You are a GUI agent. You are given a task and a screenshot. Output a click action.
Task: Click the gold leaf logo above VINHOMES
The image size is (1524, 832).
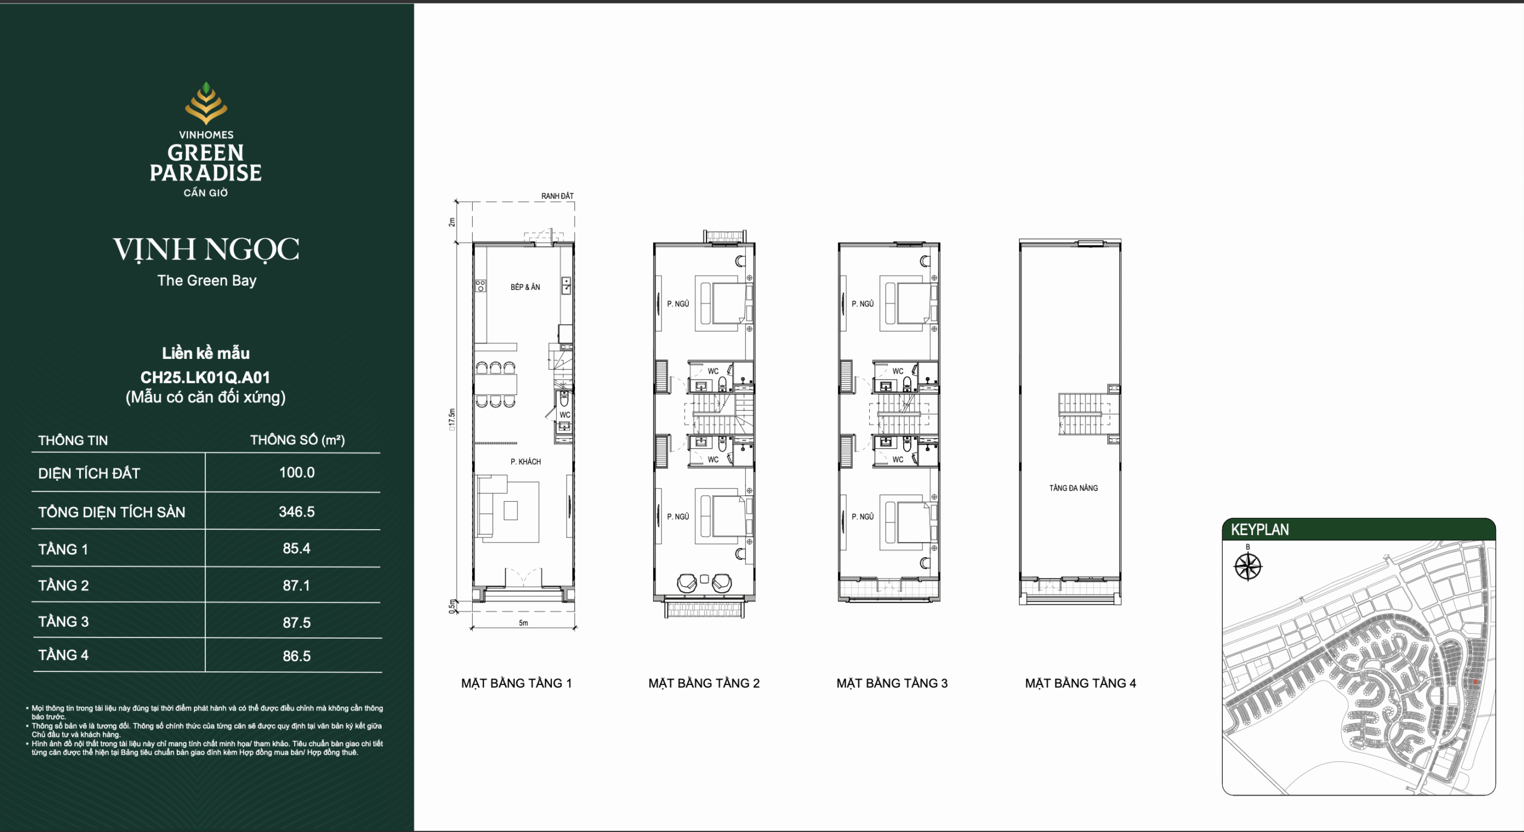[x=206, y=103]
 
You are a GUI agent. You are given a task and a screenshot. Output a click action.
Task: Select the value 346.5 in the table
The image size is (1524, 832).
[x=296, y=512]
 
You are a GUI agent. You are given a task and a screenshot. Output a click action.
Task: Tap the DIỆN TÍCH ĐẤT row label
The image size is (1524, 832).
[x=89, y=473]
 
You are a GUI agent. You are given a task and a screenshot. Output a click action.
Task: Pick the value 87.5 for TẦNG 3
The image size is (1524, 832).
[x=296, y=623]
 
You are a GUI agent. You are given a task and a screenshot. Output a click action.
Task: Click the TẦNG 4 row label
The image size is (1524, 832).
[x=63, y=655]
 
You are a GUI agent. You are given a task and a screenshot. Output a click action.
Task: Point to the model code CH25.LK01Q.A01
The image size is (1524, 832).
[x=205, y=377]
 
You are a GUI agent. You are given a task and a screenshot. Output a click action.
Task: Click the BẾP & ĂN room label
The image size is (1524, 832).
[x=525, y=287]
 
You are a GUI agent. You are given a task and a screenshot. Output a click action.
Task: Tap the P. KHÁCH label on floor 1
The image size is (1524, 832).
[x=526, y=461]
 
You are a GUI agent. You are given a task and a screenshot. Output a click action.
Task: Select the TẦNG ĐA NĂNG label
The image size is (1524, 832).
[x=1073, y=488]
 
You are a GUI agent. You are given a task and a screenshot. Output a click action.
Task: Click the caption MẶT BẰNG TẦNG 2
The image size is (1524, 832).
[x=704, y=683]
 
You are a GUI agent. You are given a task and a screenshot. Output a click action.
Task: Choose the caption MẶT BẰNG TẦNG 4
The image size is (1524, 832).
[x=1080, y=683]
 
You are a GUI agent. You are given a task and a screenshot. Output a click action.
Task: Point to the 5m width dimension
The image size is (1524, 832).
[x=523, y=623]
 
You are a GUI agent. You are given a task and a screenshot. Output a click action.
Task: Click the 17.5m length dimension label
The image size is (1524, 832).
[x=452, y=419]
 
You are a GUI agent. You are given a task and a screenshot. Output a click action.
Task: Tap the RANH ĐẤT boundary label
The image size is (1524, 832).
[x=557, y=196]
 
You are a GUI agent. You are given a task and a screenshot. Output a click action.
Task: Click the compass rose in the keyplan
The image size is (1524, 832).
[x=1248, y=566]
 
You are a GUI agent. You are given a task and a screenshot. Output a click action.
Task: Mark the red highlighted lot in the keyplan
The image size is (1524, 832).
[x=1475, y=681]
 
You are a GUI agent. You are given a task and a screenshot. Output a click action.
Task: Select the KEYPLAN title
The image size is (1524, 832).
[x=1260, y=530]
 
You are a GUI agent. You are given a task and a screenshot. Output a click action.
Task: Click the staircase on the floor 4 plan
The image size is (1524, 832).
[x=1085, y=414]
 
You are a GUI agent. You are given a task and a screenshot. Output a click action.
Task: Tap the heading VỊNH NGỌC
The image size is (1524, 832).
[x=206, y=250]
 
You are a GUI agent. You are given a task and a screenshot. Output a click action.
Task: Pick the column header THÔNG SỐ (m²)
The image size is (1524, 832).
[x=297, y=440]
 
